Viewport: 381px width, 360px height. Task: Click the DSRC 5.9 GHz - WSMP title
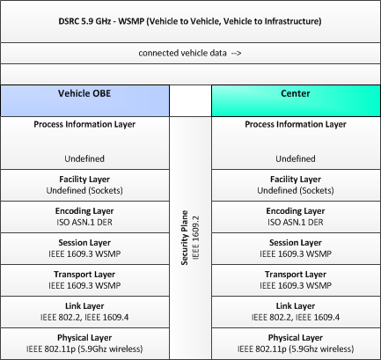point(190,21)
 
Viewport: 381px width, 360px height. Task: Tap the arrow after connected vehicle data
point(236,53)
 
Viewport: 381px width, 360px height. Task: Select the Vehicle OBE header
point(84,93)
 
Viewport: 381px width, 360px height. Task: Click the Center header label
point(296,93)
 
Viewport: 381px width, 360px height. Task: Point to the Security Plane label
point(185,238)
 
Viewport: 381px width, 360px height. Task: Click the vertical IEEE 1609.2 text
point(195,238)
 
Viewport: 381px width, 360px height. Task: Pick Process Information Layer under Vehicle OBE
point(84,124)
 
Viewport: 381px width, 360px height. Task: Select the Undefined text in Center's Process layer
point(296,158)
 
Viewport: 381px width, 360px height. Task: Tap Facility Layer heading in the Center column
point(296,180)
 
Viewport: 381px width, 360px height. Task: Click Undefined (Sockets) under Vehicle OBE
point(84,190)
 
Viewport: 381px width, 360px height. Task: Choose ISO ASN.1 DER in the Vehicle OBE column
point(84,222)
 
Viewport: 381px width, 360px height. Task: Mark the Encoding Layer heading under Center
point(296,211)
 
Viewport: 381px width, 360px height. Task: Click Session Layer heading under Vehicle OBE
point(84,243)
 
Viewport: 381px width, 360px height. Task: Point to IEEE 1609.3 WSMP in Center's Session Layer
point(296,253)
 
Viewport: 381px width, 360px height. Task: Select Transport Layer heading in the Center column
point(296,275)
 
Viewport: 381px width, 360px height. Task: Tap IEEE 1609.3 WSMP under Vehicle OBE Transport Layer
point(84,285)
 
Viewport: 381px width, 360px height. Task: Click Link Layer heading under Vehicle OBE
point(84,306)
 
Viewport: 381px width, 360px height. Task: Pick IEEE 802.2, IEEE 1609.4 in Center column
point(296,317)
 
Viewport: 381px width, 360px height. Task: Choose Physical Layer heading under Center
point(296,338)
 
